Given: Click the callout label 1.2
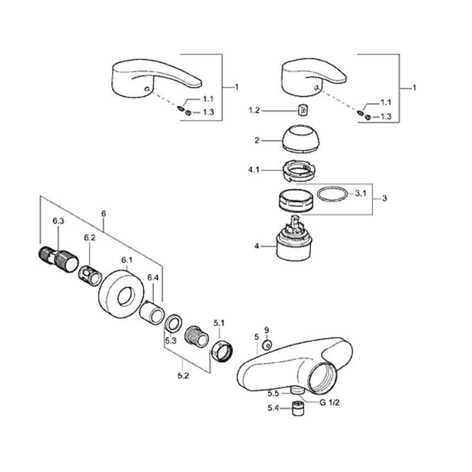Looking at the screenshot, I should [x=253, y=110].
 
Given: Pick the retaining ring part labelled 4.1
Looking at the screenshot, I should [x=299, y=170].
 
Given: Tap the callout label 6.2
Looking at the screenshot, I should [x=90, y=238].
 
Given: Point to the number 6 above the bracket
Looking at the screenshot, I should [x=103, y=214].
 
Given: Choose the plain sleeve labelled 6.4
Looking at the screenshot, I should [x=150, y=314].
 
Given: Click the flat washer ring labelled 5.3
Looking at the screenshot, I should [x=174, y=322].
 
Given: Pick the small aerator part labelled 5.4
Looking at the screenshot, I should [x=298, y=410].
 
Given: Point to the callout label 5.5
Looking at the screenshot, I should [x=273, y=394].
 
